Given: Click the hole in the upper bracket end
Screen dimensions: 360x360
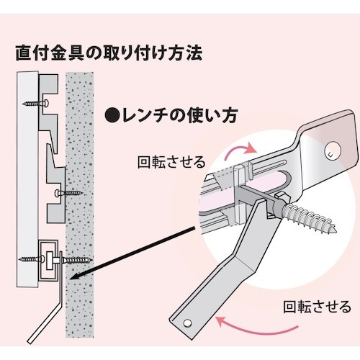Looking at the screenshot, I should (x=328, y=152).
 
